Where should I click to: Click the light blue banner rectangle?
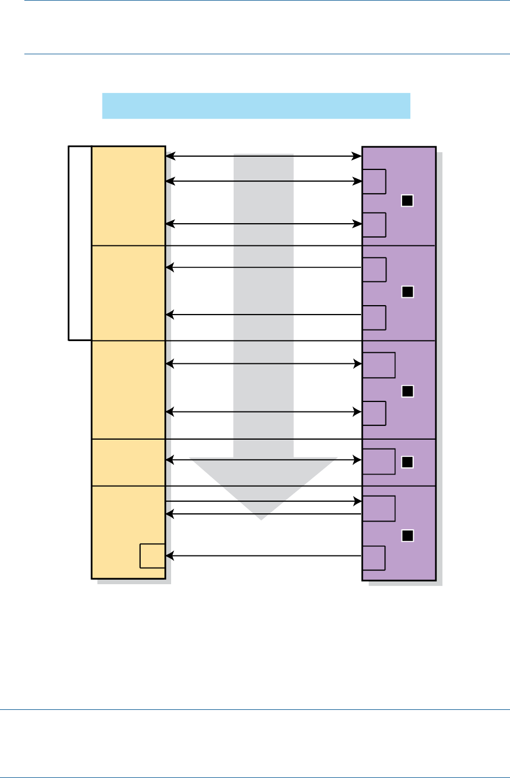click(256, 106)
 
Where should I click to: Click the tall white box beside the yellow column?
click(80, 243)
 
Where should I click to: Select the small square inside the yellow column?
click(152, 556)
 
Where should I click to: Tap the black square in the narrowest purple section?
click(408, 462)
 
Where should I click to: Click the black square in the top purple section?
click(408, 201)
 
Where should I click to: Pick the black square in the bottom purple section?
click(408, 535)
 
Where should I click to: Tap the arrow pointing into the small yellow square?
click(264, 555)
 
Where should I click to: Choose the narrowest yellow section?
click(128, 462)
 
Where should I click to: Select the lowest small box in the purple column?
click(374, 558)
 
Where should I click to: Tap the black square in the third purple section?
click(408, 391)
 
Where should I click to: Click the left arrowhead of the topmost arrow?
click(169, 157)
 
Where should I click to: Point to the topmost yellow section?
click(128, 195)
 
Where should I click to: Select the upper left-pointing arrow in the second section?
click(264, 268)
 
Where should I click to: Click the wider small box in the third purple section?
click(379, 365)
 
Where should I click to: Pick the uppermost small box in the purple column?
click(374, 182)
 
